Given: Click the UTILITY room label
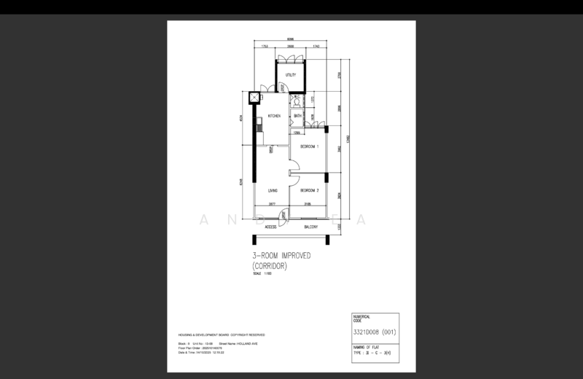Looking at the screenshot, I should (x=291, y=76).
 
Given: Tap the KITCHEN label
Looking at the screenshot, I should (x=274, y=117).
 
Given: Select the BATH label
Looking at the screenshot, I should (x=297, y=117).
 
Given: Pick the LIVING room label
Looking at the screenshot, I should (x=273, y=191).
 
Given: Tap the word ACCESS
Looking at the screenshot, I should (x=270, y=226).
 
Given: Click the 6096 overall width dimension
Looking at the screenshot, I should (x=289, y=39).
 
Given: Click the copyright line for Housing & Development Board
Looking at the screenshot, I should (x=221, y=335).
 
